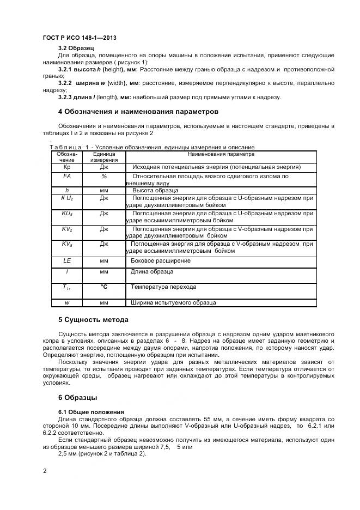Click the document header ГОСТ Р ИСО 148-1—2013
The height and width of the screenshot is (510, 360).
coord(79,38)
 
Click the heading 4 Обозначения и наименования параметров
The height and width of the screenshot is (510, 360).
coord(138,112)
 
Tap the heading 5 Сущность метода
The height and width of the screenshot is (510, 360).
coord(93,319)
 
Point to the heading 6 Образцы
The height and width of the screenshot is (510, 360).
coord(78,397)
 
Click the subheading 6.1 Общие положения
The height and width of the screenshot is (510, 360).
coord(91,411)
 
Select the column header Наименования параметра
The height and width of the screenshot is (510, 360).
coord(221,155)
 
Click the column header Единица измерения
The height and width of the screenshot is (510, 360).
coord(104,157)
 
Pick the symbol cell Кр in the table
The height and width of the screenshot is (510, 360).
coord(67,167)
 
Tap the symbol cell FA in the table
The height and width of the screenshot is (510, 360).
coord(67,177)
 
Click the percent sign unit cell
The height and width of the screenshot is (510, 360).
coord(104,177)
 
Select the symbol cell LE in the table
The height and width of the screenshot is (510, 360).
coord(67,261)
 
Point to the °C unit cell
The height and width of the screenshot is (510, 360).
coord(104,286)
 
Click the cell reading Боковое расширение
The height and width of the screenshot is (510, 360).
coord(156,261)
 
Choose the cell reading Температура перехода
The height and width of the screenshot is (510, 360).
coord(163,287)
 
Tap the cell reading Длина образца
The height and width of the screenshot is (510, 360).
coord(152,271)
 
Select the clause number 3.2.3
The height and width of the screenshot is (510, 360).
coord(68,98)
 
